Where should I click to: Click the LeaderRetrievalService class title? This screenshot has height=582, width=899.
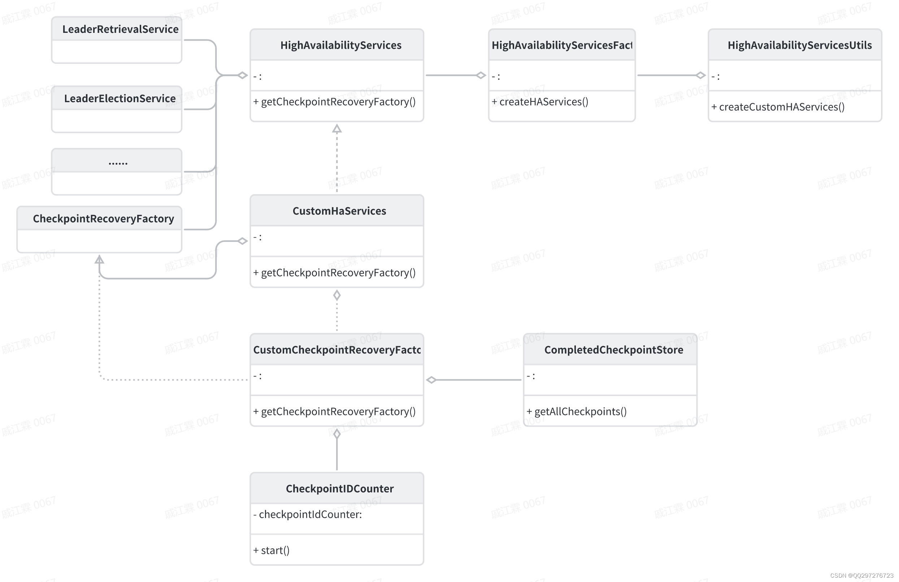click(120, 29)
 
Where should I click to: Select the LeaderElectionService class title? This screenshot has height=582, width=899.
click(120, 99)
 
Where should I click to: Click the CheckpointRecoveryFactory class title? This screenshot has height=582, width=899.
click(103, 219)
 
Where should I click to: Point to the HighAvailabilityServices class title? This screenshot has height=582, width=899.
click(340, 45)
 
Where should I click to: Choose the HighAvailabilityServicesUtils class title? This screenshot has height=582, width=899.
click(799, 45)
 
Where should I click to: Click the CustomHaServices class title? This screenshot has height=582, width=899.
click(339, 211)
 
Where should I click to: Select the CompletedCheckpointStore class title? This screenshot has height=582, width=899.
click(613, 350)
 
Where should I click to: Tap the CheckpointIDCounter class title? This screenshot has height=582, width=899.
click(340, 489)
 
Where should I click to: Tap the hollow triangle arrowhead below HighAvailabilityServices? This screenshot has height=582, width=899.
click(337, 129)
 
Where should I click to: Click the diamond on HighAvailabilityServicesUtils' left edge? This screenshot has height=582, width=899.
click(701, 75)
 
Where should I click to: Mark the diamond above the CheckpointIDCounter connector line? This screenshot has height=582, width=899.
click(337, 434)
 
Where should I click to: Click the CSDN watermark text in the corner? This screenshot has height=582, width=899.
click(861, 576)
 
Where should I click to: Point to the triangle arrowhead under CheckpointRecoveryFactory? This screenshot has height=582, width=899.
click(99, 259)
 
